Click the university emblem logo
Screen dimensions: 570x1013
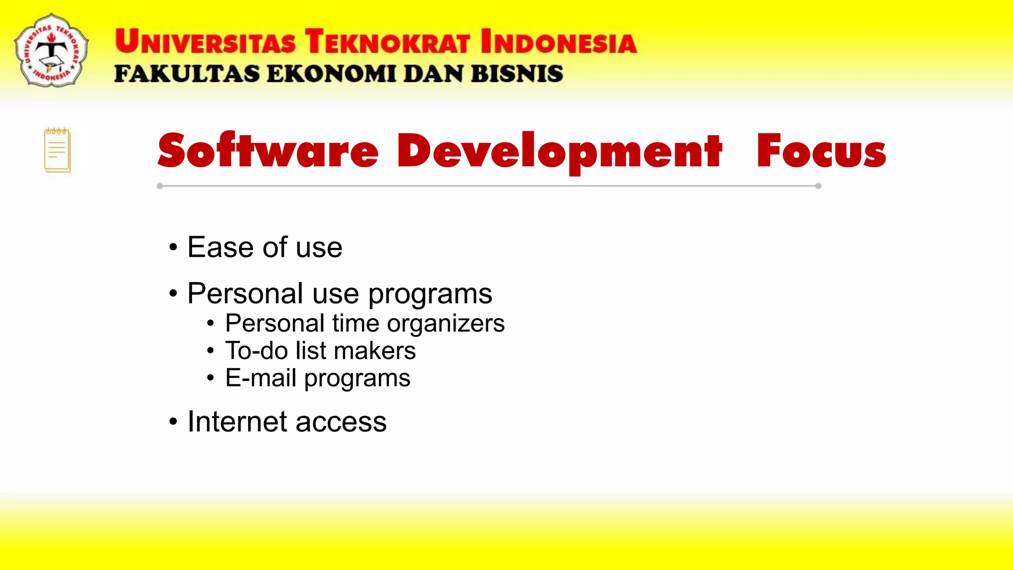coord(51,50)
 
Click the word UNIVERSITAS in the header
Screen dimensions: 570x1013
coord(205,42)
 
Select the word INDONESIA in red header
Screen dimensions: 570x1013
coord(558,42)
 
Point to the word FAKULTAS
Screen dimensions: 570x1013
coord(186,74)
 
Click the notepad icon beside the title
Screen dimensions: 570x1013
coord(57,150)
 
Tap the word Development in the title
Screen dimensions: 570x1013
coord(559,151)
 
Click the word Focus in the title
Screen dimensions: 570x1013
coord(821,151)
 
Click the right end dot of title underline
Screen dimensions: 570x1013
coord(818,186)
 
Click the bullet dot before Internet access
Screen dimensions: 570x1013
coord(173,422)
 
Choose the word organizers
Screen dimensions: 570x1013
coord(445,324)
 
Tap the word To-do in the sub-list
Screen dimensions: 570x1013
coord(256,351)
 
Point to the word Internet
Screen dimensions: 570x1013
coord(237,422)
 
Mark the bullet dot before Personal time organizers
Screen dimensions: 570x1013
coord(211,324)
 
